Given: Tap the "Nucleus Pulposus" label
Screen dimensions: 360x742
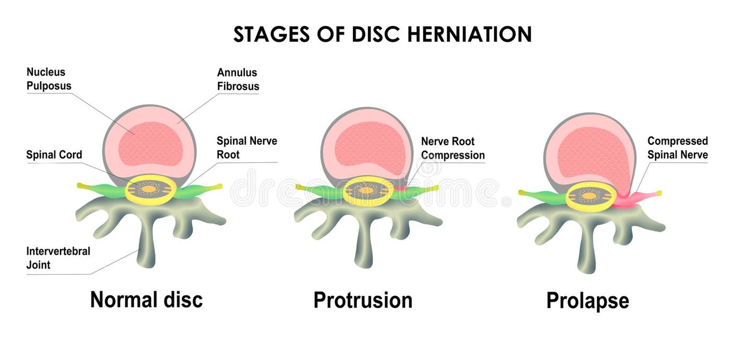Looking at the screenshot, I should tap(49, 78).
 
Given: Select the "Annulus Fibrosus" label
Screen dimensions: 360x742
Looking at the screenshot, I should tap(238, 79).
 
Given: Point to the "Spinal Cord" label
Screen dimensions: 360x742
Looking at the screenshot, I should tap(54, 155).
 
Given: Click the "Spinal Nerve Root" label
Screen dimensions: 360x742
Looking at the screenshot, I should tap(246, 148).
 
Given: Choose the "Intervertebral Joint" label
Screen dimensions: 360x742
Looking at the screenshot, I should tap(58, 258).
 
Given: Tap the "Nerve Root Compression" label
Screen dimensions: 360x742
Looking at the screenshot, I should tap(453, 148).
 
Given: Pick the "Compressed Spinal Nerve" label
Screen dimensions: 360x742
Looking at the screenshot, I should tap(677, 148).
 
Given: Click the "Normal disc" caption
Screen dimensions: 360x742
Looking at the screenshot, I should tap(146, 300).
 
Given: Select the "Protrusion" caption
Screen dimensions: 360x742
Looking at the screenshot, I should tap(363, 300).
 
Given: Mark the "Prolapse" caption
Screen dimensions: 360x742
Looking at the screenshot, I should tap(587, 301).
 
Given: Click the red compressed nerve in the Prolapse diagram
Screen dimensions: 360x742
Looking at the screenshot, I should tap(639, 199).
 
